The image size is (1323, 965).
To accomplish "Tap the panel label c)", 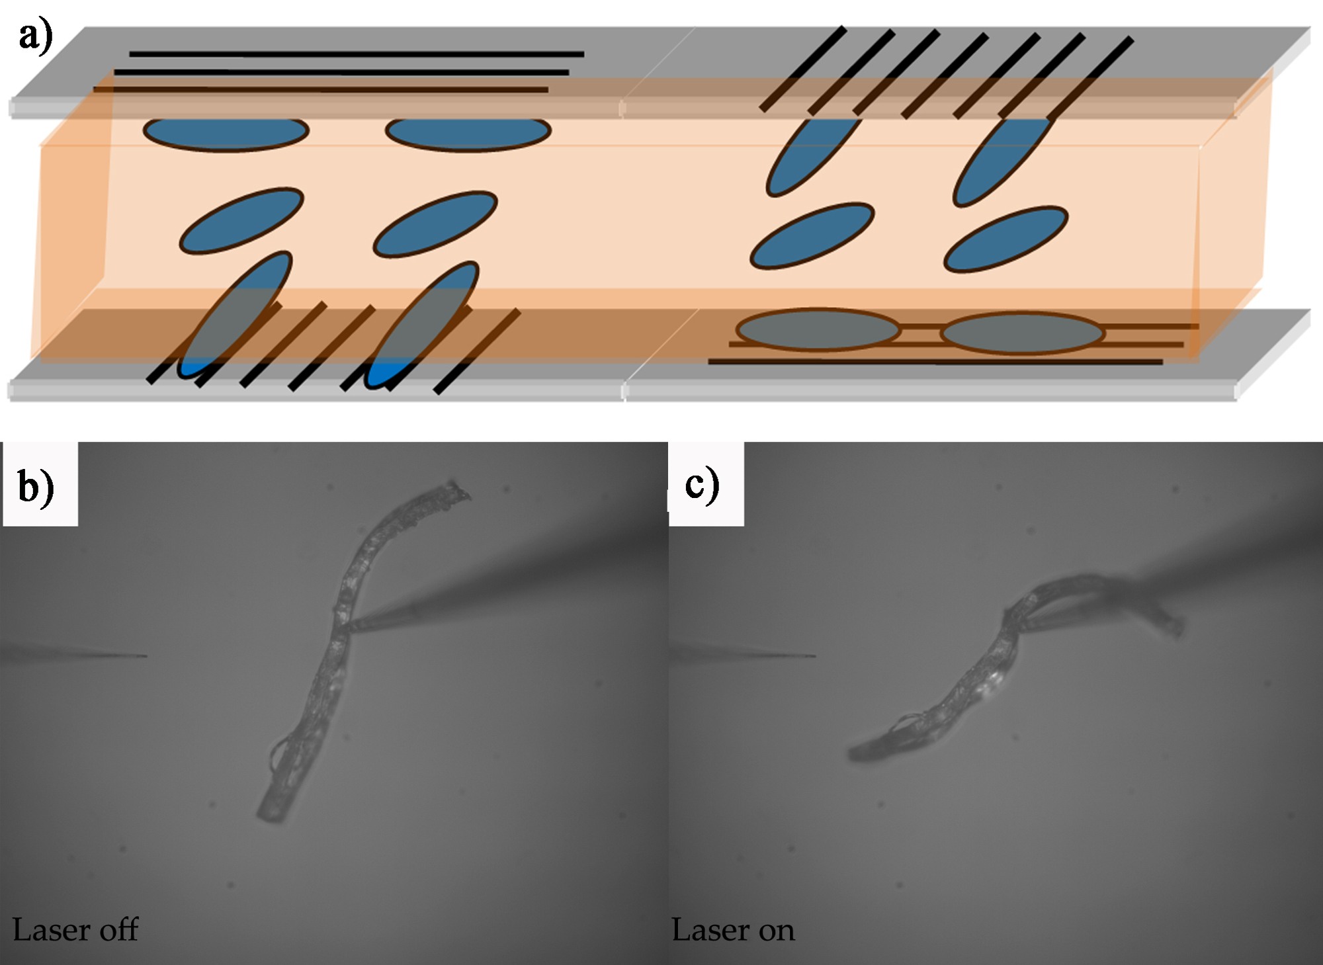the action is point(702,485).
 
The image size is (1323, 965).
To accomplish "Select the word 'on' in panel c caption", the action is point(776,930).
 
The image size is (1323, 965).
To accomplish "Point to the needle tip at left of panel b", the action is point(144,656).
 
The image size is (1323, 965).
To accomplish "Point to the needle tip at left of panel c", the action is point(814,656).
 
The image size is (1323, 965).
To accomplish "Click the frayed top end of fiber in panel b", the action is point(456,490).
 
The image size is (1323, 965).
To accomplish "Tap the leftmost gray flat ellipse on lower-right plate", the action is point(818,329).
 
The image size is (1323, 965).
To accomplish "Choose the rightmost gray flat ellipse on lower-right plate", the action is point(1023,333).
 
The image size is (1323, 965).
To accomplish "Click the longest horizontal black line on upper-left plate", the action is point(357,54).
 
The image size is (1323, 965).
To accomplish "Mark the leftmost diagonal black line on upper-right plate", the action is point(802,69).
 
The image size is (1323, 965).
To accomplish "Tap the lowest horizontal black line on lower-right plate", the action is point(935,362).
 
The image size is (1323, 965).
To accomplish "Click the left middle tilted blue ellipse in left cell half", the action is point(241,220).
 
